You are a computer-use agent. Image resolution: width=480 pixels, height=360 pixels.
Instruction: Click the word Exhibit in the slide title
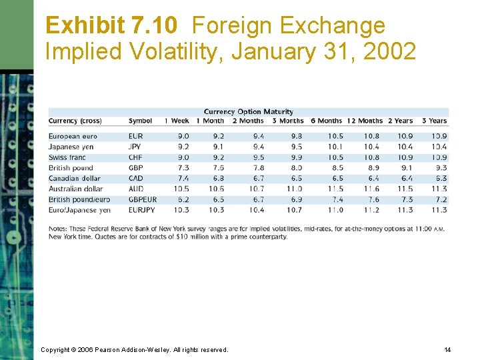click(x=84, y=26)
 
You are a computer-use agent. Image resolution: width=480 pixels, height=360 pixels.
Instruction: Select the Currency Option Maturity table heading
click(x=248, y=112)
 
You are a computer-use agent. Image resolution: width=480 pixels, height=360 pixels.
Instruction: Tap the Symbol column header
click(x=140, y=121)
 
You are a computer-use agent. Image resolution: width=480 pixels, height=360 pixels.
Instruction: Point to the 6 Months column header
click(x=327, y=121)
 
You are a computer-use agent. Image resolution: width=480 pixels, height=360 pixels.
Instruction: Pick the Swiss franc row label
click(x=67, y=157)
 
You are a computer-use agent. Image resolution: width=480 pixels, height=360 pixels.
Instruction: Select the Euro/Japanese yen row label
click(x=79, y=210)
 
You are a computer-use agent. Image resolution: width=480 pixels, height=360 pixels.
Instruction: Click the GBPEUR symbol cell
click(x=143, y=199)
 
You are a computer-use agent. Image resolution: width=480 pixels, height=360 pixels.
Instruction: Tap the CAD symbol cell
click(x=135, y=179)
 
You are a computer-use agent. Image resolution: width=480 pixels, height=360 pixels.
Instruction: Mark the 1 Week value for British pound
click(x=183, y=168)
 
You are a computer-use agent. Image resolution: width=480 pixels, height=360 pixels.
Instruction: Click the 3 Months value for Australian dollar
click(x=295, y=189)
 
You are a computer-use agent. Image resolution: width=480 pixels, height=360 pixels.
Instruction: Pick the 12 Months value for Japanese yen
click(x=371, y=147)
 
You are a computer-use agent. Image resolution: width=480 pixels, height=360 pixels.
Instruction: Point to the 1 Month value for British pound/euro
click(x=217, y=199)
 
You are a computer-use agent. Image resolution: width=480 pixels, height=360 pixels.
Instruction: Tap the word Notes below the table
click(x=58, y=229)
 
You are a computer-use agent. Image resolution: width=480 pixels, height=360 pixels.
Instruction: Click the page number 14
click(x=447, y=349)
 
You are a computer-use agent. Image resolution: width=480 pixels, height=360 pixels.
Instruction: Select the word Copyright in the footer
click(x=55, y=349)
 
